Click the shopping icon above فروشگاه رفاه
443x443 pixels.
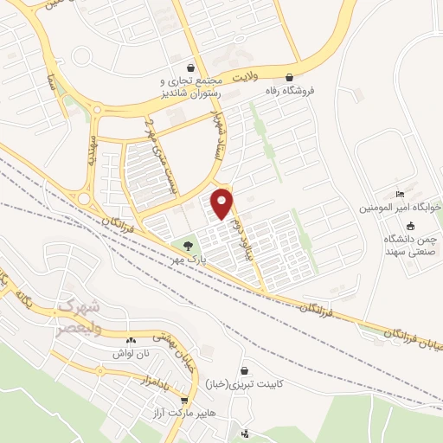(x=300, y=75)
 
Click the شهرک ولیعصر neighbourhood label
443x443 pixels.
(x=80, y=310)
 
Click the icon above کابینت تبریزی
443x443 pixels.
(x=245, y=369)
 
